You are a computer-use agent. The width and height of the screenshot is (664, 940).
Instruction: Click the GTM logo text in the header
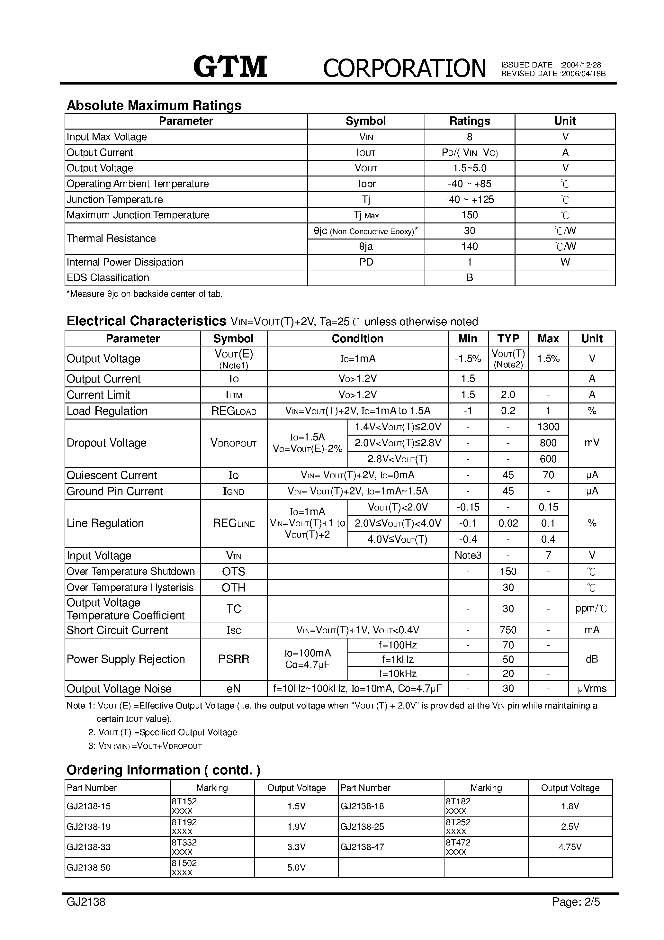click(230, 67)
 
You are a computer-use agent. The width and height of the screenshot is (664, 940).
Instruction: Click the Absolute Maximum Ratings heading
click(154, 106)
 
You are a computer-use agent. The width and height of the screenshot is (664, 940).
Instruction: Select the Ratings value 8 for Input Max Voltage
click(470, 137)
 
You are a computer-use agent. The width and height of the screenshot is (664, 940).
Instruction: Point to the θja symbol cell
click(365, 247)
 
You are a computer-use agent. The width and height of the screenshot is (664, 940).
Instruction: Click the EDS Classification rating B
click(470, 277)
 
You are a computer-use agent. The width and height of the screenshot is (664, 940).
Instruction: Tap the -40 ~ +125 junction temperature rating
click(470, 199)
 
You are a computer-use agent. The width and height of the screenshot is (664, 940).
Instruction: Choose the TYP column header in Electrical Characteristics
click(508, 339)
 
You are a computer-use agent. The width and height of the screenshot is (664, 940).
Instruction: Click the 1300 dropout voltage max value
click(548, 427)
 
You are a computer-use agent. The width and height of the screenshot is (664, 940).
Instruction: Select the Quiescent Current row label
click(112, 475)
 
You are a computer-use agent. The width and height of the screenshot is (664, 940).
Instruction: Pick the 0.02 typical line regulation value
click(508, 523)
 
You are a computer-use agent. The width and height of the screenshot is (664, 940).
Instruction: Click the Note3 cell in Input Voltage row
click(468, 556)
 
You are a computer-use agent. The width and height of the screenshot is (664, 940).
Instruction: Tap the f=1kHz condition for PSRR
click(398, 660)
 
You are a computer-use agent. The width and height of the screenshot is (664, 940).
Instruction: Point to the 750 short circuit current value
click(508, 630)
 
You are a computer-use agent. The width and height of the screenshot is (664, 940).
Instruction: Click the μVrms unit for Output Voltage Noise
click(592, 689)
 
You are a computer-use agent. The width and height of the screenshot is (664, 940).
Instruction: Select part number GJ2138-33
click(88, 847)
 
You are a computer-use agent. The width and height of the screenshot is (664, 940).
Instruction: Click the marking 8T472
click(458, 842)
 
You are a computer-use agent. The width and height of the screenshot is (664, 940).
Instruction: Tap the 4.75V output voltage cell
click(570, 847)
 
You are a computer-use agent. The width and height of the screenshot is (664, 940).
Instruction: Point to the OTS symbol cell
click(233, 572)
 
